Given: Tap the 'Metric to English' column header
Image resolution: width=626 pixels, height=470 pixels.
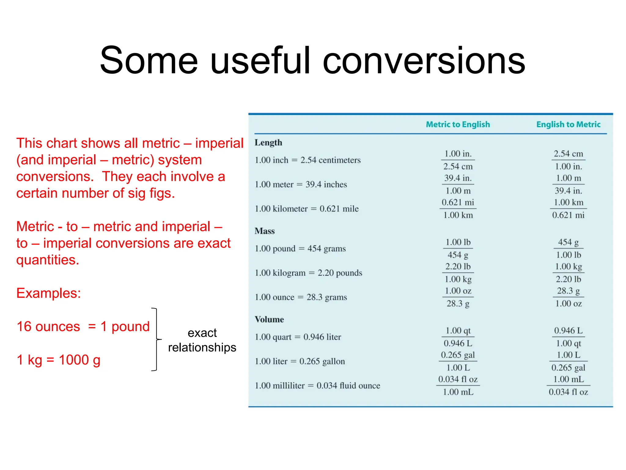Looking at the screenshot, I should pyautogui.click(x=458, y=125).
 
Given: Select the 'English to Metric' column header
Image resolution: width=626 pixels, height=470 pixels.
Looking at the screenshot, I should pyautogui.click(x=568, y=125).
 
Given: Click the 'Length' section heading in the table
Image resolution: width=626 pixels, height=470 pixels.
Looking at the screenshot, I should pyautogui.click(x=268, y=143).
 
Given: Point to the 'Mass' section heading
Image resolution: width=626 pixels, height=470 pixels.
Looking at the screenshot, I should pyautogui.click(x=265, y=231).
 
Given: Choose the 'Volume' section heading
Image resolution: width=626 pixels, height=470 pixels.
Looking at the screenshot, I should pyautogui.click(x=269, y=319).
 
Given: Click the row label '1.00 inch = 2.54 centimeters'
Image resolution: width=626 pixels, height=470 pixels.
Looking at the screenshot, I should pyautogui.click(x=307, y=160).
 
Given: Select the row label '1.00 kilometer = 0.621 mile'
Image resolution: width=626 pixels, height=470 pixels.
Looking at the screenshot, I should pyautogui.click(x=307, y=209).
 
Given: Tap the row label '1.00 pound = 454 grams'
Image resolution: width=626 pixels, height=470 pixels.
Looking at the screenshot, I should pyautogui.click(x=300, y=248).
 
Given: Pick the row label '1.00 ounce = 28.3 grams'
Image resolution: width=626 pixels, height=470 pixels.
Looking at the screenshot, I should pyautogui.click(x=301, y=297).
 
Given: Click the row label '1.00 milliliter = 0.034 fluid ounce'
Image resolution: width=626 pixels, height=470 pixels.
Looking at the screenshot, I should pyautogui.click(x=317, y=386).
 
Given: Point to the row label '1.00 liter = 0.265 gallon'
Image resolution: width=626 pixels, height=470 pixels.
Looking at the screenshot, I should pyautogui.click(x=300, y=361).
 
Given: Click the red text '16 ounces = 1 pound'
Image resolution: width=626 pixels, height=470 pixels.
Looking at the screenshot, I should pyautogui.click(x=83, y=326).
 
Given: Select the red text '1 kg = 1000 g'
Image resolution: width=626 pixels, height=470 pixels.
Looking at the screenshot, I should pyautogui.click(x=58, y=360).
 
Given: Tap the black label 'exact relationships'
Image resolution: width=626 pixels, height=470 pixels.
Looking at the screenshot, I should pyautogui.click(x=202, y=340).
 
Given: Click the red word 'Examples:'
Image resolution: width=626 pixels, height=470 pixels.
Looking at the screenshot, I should pyautogui.click(x=49, y=293).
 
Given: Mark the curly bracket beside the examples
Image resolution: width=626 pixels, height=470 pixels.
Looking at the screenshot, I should pyautogui.click(x=156, y=339).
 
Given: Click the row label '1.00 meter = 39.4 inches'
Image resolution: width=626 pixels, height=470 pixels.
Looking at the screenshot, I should pyautogui.click(x=301, y=185).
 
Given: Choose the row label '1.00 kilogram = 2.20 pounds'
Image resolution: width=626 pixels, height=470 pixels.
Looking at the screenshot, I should pyautogui.click(x=308, y=273).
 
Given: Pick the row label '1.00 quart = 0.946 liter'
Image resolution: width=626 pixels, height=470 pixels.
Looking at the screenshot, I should pyautogui.click(x=298, y=337).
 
